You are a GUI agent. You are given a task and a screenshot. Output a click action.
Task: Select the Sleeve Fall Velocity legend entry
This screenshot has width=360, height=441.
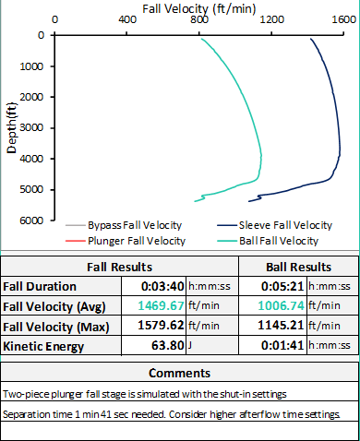click(285, 225)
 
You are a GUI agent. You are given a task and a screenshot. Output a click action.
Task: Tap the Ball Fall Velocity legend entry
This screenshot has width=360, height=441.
click(279, 241)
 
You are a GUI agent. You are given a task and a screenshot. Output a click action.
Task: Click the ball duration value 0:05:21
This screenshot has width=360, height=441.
click(285, 286)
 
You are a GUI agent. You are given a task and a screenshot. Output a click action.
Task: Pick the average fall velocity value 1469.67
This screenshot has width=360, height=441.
click(161, 305)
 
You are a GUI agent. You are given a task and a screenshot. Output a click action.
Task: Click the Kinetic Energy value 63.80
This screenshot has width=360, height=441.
click(169, 346)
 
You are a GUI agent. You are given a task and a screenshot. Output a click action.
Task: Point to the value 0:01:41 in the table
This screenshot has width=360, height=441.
click(285, 346)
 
